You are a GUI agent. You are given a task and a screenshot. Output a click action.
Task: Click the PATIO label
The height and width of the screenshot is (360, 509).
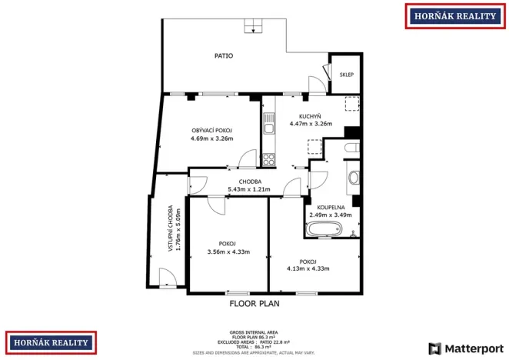(224, 56)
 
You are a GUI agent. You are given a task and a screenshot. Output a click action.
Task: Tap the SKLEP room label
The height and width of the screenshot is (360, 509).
(347, 75)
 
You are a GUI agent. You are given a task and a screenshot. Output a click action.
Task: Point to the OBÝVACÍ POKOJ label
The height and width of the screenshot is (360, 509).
(211, 131)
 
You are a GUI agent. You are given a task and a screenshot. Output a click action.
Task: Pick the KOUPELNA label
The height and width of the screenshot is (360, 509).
(330, 207)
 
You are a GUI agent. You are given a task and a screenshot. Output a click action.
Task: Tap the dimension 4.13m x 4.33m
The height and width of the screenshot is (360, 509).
(308, 268)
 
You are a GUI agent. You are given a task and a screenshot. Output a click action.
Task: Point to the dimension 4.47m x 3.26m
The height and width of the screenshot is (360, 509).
(310, 124)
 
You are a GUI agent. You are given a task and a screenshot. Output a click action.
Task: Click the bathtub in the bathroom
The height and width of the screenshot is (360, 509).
(331, 229)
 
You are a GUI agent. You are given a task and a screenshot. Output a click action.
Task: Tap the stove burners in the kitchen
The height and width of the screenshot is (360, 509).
(269, 160)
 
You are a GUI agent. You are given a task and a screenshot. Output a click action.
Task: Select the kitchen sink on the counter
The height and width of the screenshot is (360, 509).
(268, 123)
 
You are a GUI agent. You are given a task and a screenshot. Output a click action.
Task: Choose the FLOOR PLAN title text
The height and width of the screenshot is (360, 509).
(254, 304)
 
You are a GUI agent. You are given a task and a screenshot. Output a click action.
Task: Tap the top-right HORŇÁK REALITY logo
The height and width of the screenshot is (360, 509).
(454, 15)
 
